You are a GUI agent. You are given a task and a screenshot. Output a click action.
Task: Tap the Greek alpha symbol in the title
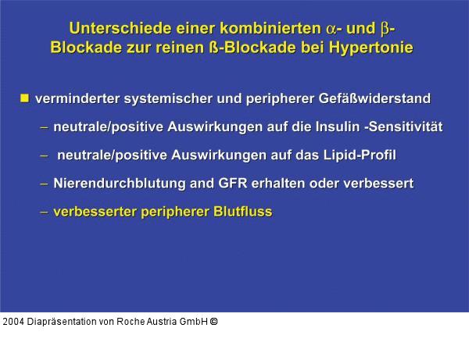(331, 29)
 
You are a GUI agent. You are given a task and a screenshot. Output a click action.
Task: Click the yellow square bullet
(25, 98)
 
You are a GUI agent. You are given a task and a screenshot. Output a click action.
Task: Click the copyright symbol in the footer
(213, 321)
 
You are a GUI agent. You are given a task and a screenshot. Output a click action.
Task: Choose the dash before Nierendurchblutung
(44, 184)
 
